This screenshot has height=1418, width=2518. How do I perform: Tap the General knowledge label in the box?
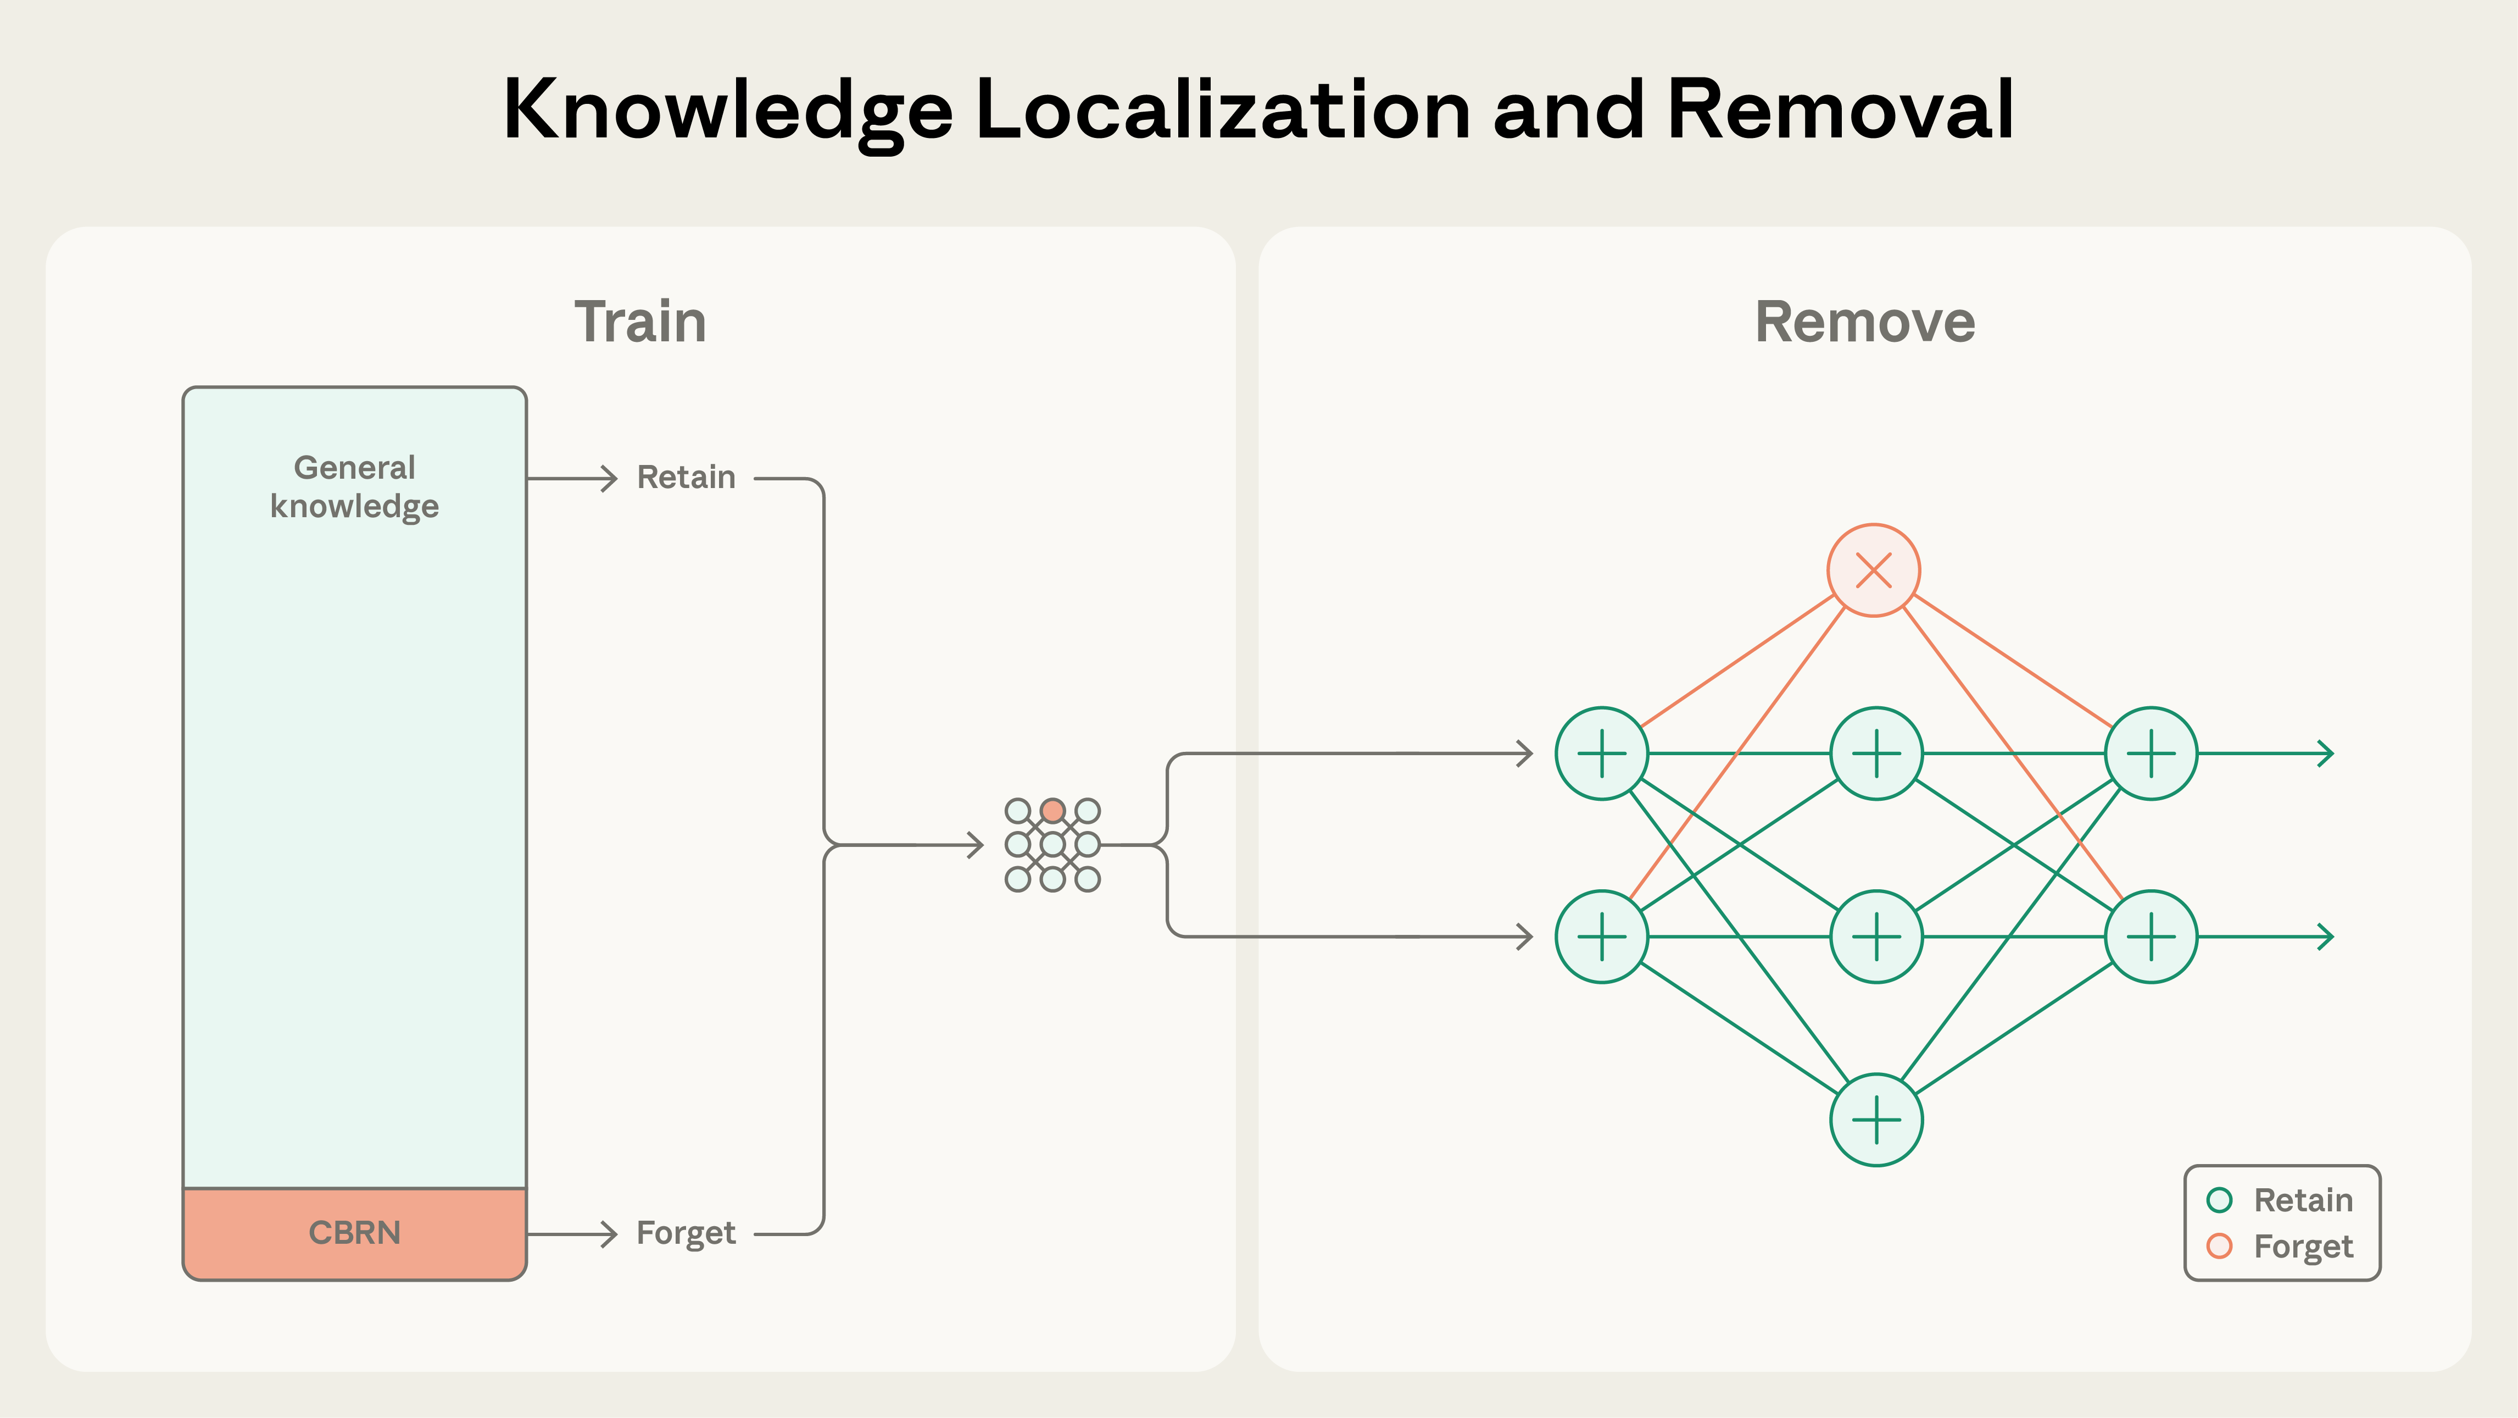pos(355,487)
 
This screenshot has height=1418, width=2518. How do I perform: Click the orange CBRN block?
pos(355,1233)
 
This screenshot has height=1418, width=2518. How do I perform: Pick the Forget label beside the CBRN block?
pos(686,1233)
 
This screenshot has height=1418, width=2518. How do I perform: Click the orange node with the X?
pos(1874,570)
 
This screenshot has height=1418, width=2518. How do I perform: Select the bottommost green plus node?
pos(1876,1120)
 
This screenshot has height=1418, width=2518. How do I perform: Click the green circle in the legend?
pos(2219,1200)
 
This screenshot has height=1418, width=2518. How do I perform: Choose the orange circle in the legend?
pos(2219,1246)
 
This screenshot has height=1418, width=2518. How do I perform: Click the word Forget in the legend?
pos(2303,1247)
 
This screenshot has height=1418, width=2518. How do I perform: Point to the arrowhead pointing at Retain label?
pos(610,478)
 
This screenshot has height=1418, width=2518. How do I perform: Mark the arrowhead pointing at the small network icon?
pos(976,845)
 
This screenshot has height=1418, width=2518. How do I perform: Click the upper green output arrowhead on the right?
pos(2326,754)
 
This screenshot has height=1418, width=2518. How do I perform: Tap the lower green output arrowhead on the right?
pos(2326,937)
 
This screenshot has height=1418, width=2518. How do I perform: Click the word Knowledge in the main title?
pos(728,109)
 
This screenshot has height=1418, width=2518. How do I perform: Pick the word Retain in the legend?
pos(2303,1200)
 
